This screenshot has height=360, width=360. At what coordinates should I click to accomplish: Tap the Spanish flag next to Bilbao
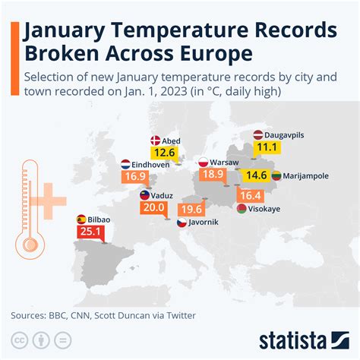click(x=81, y=219)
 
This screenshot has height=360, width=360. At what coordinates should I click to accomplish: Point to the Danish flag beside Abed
click(x=155, y=141)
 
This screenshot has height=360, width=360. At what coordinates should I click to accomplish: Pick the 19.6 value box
click(x=191, y=210)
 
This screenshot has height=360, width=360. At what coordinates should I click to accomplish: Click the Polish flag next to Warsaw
click(x=203, y=163)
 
